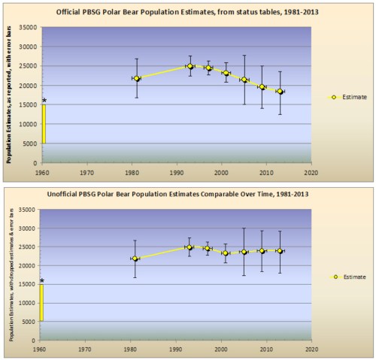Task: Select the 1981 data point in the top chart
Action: pyautogui.click(x=136, y=78)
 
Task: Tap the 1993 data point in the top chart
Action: pyautogui.click(x=190, y=66)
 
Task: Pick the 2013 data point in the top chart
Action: pyautogui.click(x=280, y=92)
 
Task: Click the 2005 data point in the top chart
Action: pyautogui.click(x=244, y=80)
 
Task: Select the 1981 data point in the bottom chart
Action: pyautogui.click(x=136, y=259)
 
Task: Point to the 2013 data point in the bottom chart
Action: pyautogui.click(x=280, y=251)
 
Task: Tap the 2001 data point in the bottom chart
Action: pyautogui.click(x=226, y=253)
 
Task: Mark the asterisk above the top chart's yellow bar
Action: pyautogui.click(x=44, y=101)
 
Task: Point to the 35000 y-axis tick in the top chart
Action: pyautogui.click(x=28, y=27)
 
